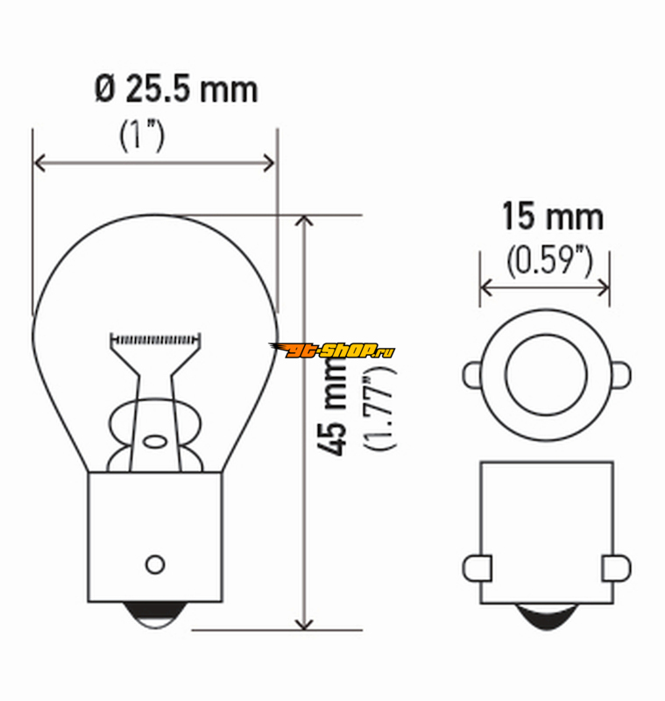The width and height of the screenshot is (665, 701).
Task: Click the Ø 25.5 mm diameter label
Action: click(x=176, y=89)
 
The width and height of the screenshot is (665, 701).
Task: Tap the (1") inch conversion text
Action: click(x=142, y=135)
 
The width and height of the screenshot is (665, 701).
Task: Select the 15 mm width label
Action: click(x=553, y=216)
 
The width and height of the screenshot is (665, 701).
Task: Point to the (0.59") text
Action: click(x=549, y=260)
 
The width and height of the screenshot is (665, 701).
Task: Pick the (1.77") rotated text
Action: click(x=380, y=407)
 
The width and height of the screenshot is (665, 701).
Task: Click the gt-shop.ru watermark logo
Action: click(x=331, y=350)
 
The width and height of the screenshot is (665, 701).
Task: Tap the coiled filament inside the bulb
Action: click(x=155, y=340)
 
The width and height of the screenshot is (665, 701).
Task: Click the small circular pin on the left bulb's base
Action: click(x=155, y=564)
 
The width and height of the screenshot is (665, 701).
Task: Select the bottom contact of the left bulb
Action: click(x=155, y=615)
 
